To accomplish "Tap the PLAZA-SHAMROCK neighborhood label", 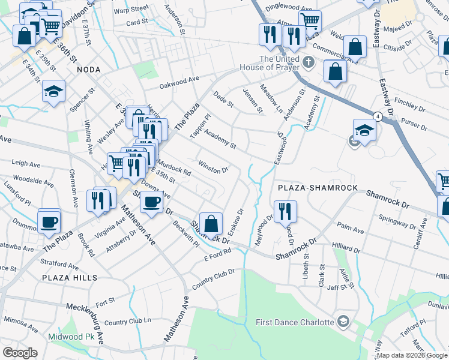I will coord(318,188).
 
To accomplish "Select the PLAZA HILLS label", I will coord(70,278).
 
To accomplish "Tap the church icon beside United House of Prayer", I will coord(308,62).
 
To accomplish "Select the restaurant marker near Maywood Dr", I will coord(285,211).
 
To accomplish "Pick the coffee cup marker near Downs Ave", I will coord(152,201).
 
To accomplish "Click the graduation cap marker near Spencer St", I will coord(53,91).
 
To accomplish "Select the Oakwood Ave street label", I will coord(178,82).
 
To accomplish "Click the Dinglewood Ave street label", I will coord(289,8).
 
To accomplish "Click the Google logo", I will coord(20,352).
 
